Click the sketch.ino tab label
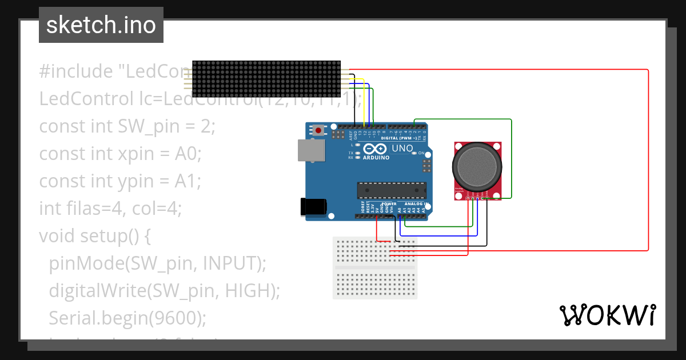[101, 25]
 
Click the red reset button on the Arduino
[318, 131]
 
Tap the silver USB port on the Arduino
[310, 151]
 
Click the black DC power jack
[313, 207]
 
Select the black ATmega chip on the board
[392, 190]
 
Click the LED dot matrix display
[266, 79]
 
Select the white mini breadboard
[375, 267]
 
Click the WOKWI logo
[607, 315]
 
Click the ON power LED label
[421, 153]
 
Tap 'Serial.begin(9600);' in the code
[127, 318]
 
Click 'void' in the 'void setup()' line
[57, 235]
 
